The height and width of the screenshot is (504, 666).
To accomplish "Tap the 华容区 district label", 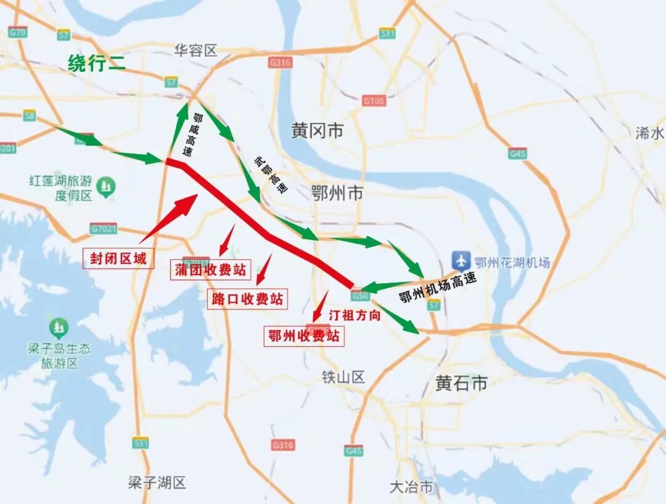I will pyautogui.click(x=196, y=51).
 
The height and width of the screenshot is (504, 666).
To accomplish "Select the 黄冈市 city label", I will pyautogui.click(x=318, y=131).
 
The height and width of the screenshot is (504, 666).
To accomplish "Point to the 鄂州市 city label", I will pyautogui.click(x=337, y=194).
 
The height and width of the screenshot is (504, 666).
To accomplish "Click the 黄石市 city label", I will pyautogui.click(x=461, y=383).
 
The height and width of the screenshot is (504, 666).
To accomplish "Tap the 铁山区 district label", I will pyautogui.click(x=343, y=377).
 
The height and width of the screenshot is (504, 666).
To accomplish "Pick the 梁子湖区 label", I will pyautogui.click(x=157, y=482).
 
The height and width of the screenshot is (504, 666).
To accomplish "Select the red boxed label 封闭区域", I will pyautogui.click(x=118, y=258).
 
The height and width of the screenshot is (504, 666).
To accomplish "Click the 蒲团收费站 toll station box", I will pyautogui.click(x=210, y=270).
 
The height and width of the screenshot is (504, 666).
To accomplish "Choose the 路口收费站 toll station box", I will pyautogui.click(x=247, y=299).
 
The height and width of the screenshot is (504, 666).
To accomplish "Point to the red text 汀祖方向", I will pyautogui.click(x=354, y=315).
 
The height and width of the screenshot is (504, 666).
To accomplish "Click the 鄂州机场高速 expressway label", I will pyautogui.click(x=438, y=288).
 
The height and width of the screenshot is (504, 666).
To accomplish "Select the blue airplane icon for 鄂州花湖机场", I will pyautogui.click(x=461, y=261).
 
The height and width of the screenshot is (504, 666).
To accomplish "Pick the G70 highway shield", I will pyautogui.click(x=17, y=32).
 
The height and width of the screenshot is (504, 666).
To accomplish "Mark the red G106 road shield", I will pyautogui.click(x=374, y=101).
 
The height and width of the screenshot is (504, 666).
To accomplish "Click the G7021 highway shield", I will pyautogui.click(x=103, y=229).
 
